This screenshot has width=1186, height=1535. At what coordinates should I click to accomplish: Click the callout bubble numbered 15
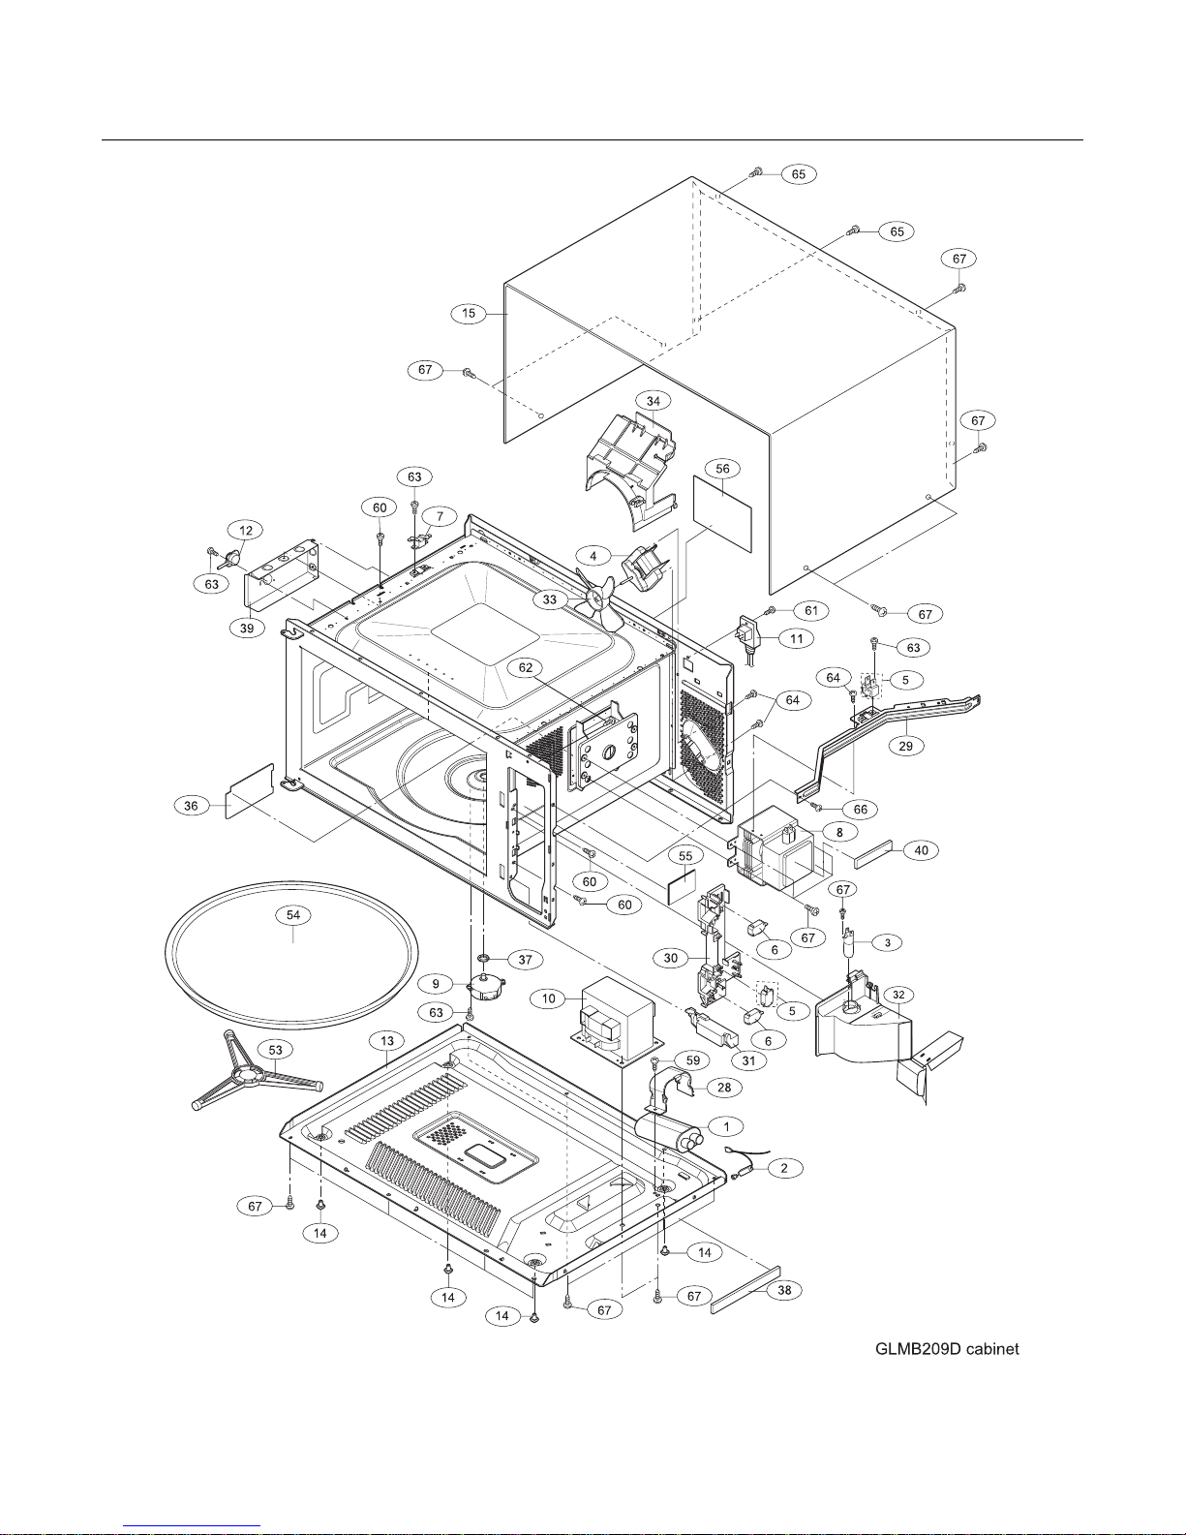[469, 313]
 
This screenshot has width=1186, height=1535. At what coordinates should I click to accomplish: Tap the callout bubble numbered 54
[293, 915]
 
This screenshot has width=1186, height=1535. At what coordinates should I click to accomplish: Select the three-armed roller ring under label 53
[257, 1074]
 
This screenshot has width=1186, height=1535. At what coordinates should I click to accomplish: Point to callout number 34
[654, 401]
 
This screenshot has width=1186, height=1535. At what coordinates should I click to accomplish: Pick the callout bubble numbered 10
[549, 998]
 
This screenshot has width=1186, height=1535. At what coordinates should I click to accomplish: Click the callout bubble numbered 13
[387, 1040]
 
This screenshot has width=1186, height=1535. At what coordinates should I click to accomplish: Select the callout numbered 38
[784, 1290]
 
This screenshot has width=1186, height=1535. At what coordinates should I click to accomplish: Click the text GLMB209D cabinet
[947, 1348]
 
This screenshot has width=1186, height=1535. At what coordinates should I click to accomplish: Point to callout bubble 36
[192, 806]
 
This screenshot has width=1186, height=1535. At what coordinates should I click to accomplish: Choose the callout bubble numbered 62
[526, 667]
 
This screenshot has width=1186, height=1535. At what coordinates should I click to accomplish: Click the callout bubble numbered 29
[906, 746]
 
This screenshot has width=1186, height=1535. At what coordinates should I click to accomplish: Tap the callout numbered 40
[922, 849]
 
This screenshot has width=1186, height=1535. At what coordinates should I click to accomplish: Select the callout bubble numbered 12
[246, 530]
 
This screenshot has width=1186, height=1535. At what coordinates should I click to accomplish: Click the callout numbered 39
[247, 628]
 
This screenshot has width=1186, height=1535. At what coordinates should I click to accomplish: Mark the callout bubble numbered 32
[898, 995]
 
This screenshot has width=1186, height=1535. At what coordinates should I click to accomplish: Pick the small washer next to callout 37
[484, 957]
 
